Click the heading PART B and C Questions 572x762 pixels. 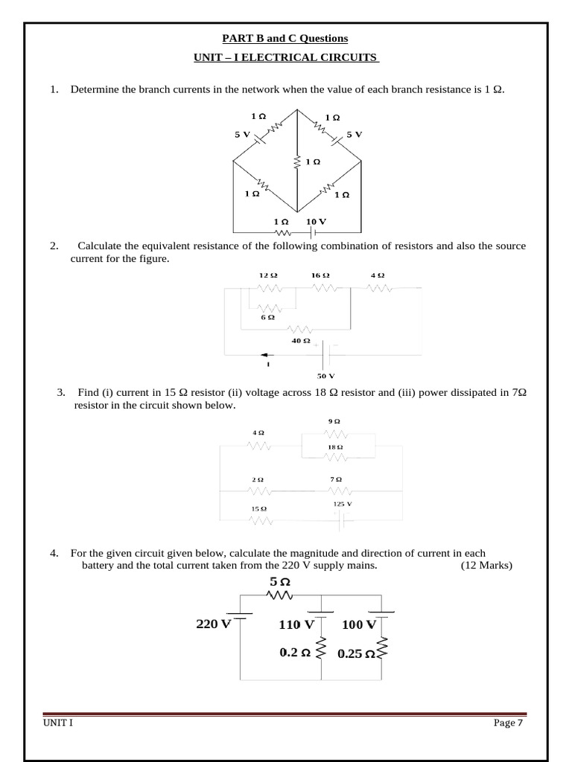(x=286, y=38)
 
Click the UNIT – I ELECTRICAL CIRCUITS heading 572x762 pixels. (x=286, y=57)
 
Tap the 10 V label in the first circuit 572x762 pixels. (x=316, y=222)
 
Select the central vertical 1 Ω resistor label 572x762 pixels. (x=313, y=161)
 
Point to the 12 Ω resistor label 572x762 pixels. (x=268, y=275)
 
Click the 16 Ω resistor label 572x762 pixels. (x=320, y=275)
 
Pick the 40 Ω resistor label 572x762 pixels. (x=301, y=341)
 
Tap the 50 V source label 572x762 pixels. (x=326, y=376)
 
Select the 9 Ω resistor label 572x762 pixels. (x=334, y=422)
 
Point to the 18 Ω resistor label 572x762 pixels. (x=335, y=446)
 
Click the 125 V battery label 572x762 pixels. (x=342, y=504)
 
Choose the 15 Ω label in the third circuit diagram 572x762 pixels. (x=258, y=508)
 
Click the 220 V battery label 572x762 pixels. (x=214, y=624)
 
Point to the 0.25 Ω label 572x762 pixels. (x=356, y=653)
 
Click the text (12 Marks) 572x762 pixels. (x=486, y=566)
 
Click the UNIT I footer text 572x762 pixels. (x=57, y=724)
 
